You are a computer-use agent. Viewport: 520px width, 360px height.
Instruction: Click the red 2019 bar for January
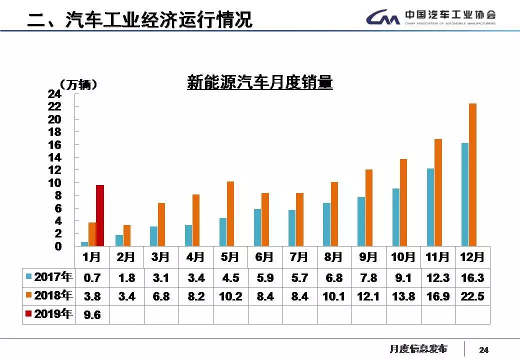coord(100,215)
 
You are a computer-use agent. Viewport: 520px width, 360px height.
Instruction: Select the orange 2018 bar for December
coord(472,174)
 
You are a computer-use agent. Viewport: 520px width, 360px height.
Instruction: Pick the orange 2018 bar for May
coord(230,213)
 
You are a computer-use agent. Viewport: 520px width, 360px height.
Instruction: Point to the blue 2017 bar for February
coord(119,240)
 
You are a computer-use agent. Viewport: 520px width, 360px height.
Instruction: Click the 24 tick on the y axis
coord(54,94)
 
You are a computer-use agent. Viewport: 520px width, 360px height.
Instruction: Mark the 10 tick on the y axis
coord(54,183)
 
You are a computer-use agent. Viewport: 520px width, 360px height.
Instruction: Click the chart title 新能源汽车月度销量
coord(259,82)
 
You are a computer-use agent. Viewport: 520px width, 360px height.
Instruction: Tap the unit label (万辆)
coord(78,84)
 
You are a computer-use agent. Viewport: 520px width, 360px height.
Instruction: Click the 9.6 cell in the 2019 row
coord(92,315)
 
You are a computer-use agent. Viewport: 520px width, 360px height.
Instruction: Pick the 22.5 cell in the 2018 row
coord(472,296)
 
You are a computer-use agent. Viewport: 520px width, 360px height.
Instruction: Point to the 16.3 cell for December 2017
coord(472,278)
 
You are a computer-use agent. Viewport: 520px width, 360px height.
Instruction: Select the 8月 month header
coord(333,257)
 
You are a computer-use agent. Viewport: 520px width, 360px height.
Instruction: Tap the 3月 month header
coord(160,257)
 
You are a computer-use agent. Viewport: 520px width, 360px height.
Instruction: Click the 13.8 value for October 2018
coord(403,296)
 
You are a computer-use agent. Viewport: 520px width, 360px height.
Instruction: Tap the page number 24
coord(483,350)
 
